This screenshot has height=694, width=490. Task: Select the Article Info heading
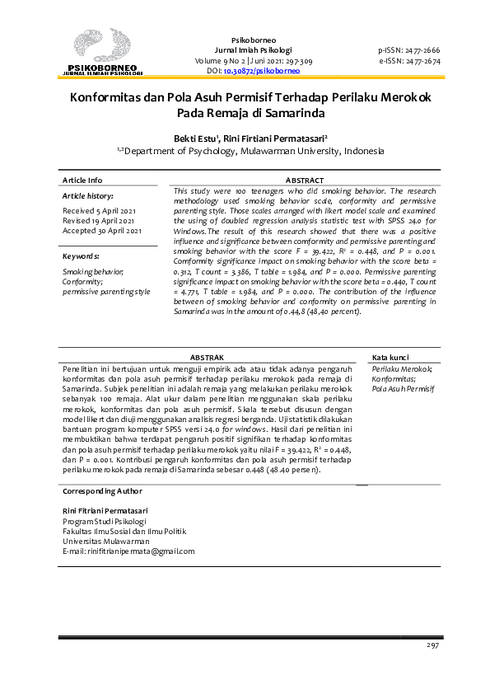pos(82,180)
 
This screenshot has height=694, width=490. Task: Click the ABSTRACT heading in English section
pos(304,180)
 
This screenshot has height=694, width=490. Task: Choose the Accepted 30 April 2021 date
pos(102,231)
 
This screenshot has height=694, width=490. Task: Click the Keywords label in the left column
pos(81,256)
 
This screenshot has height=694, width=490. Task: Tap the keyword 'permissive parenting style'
pos(106,291)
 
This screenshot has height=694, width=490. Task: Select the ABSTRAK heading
pos(207,357)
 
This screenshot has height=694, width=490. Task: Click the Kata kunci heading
pos(390,357)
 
